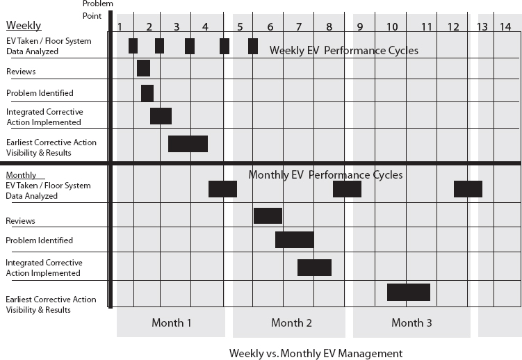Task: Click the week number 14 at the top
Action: (x=505, y=26)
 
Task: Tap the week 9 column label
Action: (x=359, y=26)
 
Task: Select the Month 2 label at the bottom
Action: (x=291, y=322)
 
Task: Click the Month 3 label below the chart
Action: (x=411, y=322)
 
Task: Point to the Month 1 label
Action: (x=172, y=322)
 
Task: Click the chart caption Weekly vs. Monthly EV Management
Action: (x=316, y=353)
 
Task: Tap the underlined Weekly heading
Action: (x=24, y=25)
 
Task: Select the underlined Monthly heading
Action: (x=21, y=175)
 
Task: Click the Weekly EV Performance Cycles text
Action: (x=344, y=50)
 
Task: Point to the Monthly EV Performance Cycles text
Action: (x=325, y=174)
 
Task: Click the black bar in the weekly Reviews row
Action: (x=143, y=68)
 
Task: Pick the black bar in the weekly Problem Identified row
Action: (x=147, y=93)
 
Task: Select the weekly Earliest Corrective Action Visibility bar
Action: (x=188, y=144)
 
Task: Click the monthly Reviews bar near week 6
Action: (x=268, y=215)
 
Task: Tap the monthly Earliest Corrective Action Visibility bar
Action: (x=409, y=292)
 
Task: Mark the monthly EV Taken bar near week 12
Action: (x=468, y=189)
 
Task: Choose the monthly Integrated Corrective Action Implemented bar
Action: (x=315, y=268)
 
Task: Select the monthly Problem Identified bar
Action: (x=295, y=240)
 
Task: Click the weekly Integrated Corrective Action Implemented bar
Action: (x=161, y=116)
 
